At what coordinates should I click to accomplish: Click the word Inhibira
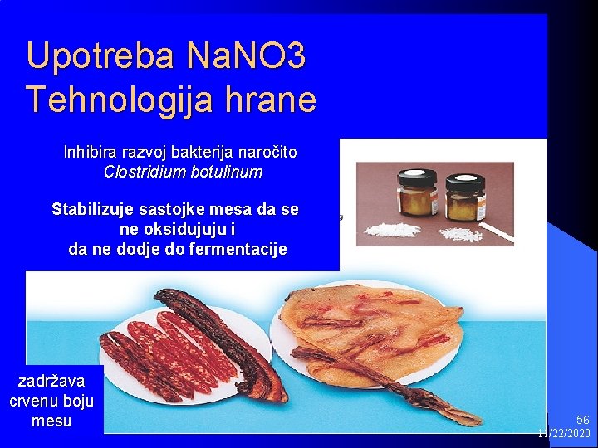[90, 153]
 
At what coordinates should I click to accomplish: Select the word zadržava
[51, 381]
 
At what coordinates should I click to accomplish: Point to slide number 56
[582, 421]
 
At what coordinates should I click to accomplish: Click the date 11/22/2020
[565, 434]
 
